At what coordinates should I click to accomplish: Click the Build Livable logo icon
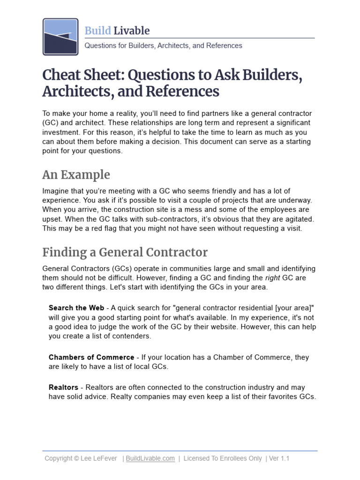[60, 37]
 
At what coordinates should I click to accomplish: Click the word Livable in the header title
[132, 31]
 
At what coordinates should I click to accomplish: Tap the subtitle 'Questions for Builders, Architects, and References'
[163, 45]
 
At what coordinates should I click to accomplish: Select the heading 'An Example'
[76, 175]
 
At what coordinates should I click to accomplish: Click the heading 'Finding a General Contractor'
[125, 252]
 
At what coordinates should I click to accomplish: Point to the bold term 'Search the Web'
[76, 308]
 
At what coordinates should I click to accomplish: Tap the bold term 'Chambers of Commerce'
[91, 357]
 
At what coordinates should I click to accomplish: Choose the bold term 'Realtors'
[63, 388]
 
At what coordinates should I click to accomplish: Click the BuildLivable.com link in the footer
[150, 458]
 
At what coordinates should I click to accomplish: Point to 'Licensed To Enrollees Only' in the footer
[223, 458]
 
